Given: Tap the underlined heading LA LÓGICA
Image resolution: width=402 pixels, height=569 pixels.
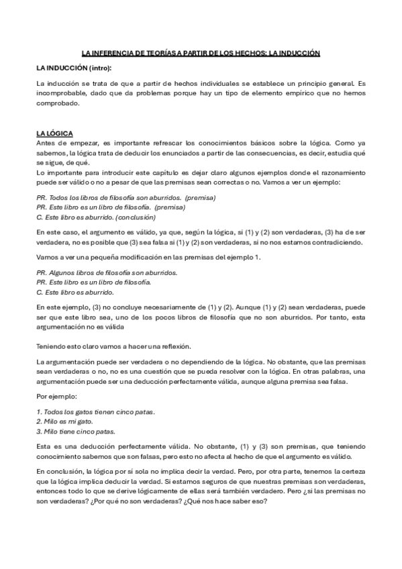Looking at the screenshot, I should click(55, 134).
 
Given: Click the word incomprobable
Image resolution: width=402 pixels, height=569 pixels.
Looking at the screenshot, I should click(61, 93).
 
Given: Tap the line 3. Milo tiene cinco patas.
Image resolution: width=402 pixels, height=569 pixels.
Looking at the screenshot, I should click(76, 431).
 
